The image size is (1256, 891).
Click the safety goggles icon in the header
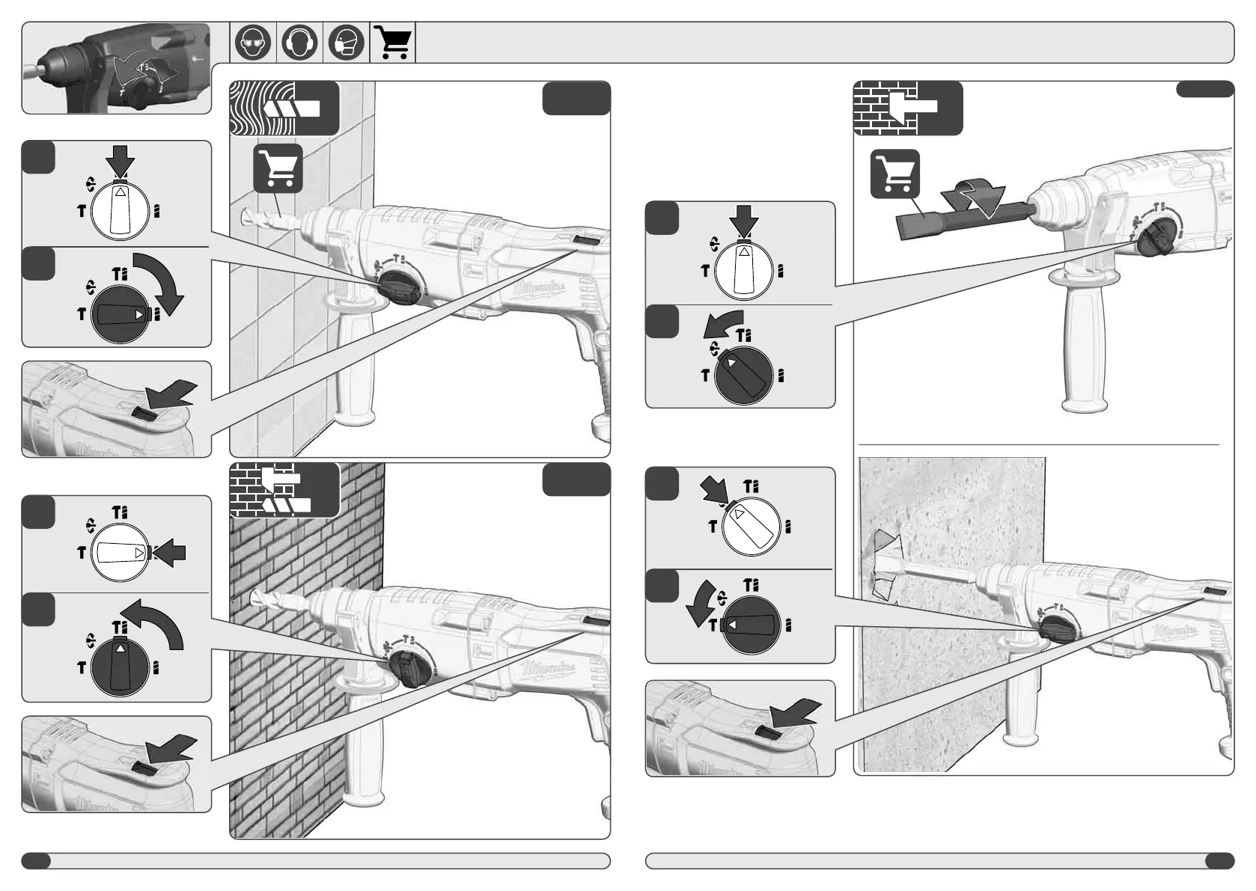(253, 43)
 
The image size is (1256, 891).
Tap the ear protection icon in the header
(299, 43)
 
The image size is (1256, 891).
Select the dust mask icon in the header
(346, 43)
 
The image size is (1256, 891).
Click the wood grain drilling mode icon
(284, 108)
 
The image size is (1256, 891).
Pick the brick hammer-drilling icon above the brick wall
(284, 490)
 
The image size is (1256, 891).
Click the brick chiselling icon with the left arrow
(907, 108)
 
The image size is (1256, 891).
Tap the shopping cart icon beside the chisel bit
(895, 174)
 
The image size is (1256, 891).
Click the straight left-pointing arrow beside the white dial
(171, 554)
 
